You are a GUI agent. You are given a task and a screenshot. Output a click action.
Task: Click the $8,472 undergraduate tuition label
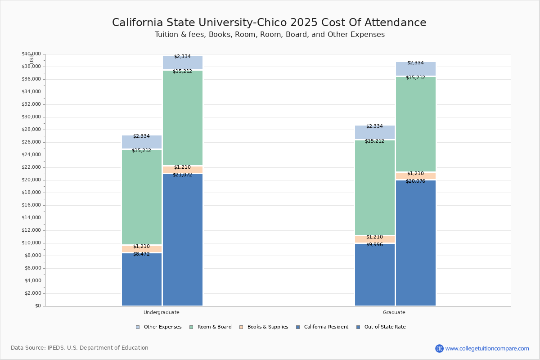(141, 254)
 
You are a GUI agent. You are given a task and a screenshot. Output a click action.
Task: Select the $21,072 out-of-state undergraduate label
(182, 175)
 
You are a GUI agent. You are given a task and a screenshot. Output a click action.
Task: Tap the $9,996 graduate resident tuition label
(374, 244)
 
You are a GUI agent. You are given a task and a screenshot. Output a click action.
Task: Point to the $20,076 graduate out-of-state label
(415, 181)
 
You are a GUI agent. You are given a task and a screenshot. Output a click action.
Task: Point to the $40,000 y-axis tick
(31, 54)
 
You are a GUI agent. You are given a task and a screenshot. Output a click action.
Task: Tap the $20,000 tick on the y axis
(31, 180)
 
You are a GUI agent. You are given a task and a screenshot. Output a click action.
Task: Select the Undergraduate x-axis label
(161, 312)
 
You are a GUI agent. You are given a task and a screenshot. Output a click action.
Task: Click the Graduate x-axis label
(394, 312)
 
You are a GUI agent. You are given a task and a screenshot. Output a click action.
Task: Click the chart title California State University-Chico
(269, 22)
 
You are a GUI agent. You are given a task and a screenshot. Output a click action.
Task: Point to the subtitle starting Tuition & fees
(269, 35)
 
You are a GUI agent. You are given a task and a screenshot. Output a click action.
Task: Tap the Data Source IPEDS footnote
(80, 348)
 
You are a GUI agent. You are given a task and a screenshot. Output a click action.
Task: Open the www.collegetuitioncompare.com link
(487, 348)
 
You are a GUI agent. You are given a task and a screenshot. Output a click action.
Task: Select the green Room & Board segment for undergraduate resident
(141, 198)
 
